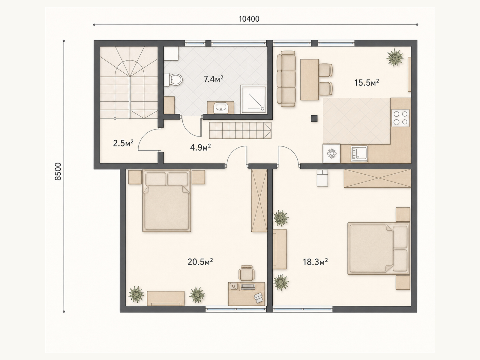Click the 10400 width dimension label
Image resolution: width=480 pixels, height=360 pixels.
[249, 19]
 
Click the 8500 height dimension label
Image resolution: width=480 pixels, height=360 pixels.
[58, 172]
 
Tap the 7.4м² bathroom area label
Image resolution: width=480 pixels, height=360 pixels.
[213, 79]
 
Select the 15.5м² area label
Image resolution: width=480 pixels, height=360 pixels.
[367, 82]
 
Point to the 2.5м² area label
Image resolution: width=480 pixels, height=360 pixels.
[123, 143]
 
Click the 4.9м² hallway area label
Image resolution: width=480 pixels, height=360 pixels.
[200, 148]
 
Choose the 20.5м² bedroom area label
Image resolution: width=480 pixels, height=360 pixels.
[200, 262]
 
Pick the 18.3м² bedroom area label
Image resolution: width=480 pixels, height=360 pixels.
[315, 262]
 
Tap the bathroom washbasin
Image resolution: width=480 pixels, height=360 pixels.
[220, 108]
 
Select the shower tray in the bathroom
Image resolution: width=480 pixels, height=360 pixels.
[254, 100]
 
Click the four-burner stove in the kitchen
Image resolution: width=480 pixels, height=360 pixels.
[400, 118]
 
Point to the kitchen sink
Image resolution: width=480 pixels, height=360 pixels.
[359, 154]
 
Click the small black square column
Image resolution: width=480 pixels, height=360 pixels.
[314, 118]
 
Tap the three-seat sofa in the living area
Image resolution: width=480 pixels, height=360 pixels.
[286, 79]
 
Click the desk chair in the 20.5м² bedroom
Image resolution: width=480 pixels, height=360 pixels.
[247, 273]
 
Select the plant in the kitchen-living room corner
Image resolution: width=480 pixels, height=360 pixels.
[395, 57]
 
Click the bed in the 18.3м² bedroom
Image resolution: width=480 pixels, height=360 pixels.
[379, 248]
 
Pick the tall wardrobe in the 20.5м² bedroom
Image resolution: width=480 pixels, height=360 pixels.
[259, 200]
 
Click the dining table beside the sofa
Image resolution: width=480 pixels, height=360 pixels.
[309, 79]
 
